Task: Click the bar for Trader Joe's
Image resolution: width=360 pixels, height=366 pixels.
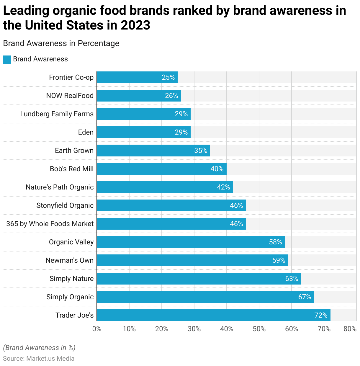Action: click(213, 315)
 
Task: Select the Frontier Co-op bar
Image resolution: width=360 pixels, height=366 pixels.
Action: click(137, 77)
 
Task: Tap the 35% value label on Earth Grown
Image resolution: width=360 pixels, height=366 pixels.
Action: click(201, 151)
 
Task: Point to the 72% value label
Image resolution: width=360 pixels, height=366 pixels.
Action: click(321, 315)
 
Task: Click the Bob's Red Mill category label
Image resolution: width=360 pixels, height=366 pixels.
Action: click(72, 169)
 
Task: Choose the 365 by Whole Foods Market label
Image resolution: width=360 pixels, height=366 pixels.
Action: click(50, 224)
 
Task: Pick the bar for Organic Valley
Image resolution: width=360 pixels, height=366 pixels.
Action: click(191, 242)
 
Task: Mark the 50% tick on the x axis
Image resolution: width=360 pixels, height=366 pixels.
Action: click(259, 329)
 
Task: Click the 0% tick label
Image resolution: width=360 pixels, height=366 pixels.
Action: click(97, 329)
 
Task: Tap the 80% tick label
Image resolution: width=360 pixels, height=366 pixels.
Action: click(350, 329)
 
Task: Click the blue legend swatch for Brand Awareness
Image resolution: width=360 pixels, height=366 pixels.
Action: click(7, 59)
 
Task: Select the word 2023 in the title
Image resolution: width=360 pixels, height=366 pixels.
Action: click(135, 25)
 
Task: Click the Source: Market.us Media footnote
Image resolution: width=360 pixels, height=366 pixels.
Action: click(39, 358)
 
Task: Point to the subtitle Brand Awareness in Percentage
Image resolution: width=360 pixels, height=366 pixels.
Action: click(61, 43)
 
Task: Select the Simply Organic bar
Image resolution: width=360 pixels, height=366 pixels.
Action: click(205, 297)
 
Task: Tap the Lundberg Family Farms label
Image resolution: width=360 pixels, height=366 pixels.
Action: click(57, 114)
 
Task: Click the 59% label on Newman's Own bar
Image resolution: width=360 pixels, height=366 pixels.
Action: click(279, 260)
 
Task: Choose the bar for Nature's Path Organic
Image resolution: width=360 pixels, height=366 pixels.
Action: click(165, 187)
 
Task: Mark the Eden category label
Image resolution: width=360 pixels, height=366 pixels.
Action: click(86, 132)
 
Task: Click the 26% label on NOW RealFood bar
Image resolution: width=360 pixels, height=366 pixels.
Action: click(171, 96)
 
